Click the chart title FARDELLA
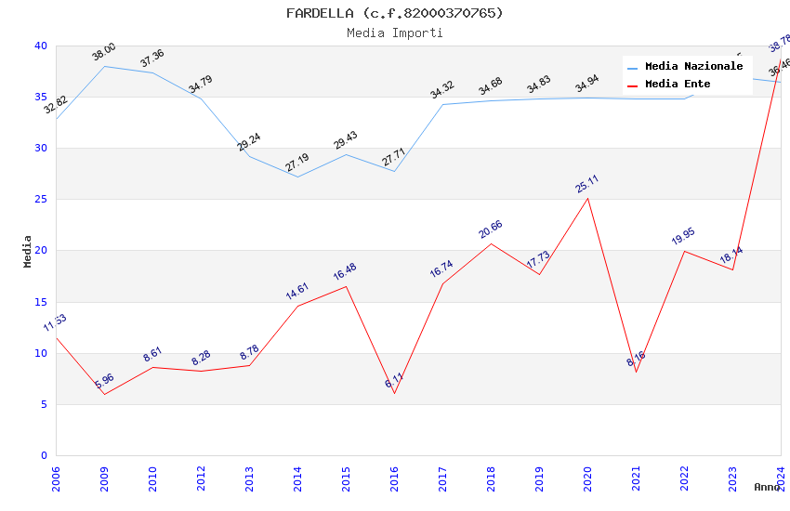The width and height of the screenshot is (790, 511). (394, 13)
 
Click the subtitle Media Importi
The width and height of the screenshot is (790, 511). (394, 33)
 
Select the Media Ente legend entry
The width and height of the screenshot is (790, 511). (678, 85)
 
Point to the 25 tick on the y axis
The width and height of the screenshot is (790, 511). (40, 200)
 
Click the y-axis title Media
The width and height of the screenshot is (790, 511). (28, 251)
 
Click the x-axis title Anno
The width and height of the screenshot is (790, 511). (767, 487)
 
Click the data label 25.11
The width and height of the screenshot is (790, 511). (587, 184)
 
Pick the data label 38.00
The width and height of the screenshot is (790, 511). (104, 52)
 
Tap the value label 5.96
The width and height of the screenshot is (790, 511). (104, 381)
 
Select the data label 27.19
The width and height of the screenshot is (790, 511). (297, 164)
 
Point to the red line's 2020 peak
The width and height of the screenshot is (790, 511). (587, 198)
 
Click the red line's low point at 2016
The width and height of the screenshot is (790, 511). (394, 393)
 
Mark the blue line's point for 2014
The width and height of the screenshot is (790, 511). (297, 177)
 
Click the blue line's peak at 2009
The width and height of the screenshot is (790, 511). (104, 66)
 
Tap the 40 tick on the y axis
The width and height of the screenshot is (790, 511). (40, 46)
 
